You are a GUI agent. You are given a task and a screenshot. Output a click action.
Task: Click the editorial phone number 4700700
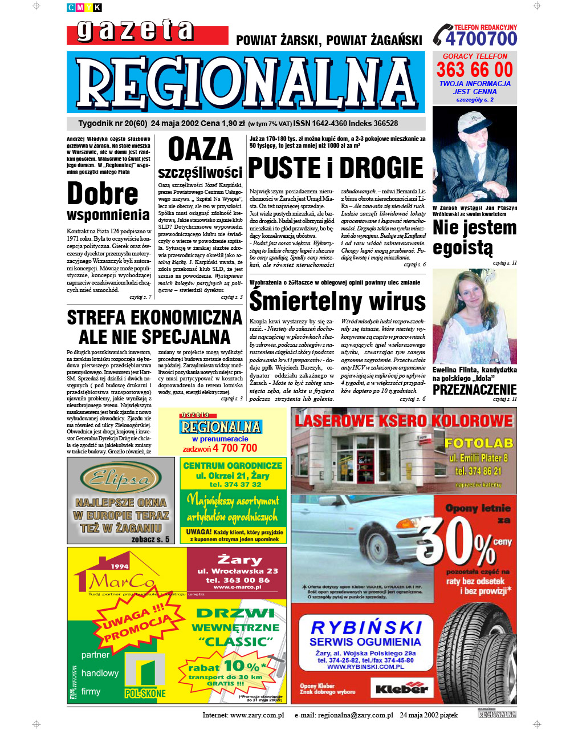click(x=481, y=39)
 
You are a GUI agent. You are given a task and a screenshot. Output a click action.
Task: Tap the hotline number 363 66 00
click(x=475, y=70)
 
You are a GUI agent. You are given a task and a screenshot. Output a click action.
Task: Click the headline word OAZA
click(x=201, y=150)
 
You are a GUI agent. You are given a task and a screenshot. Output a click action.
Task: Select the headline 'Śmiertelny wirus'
click(x=337, y=301)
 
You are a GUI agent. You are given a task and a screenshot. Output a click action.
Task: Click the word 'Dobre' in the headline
click(x=103, y=193)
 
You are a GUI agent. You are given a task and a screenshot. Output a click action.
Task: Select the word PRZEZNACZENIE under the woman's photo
click(x=474, y=390)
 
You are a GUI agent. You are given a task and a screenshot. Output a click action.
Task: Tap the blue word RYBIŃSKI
click(x=367, y=628)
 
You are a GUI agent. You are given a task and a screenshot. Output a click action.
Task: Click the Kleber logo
click(x=401, y=688)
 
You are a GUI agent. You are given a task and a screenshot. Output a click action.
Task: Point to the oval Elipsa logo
click(x=121, y=477)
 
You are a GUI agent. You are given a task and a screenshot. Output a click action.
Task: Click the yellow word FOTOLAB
click(x=479, y=443)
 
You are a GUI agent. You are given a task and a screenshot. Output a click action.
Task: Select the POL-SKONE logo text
click(x=145, y=693)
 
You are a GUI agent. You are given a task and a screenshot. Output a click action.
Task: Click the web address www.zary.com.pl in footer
click(x=257, y=715)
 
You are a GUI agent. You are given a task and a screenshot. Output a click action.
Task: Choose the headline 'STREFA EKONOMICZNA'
click(x=154, y=318)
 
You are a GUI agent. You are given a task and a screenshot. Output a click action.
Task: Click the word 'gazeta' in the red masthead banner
click(x=135, y=31)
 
